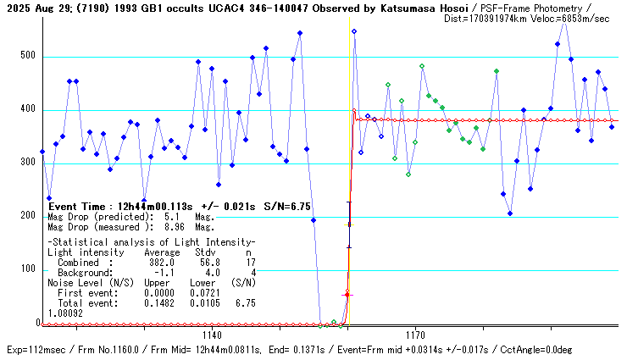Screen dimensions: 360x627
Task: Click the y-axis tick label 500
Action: (x=31, y=57)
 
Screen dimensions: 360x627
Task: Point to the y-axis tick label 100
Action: (x=31, y=269)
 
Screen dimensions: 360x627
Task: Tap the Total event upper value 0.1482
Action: (x=158, y=302)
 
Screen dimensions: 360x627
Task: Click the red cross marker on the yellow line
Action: (x=346, y=294)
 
